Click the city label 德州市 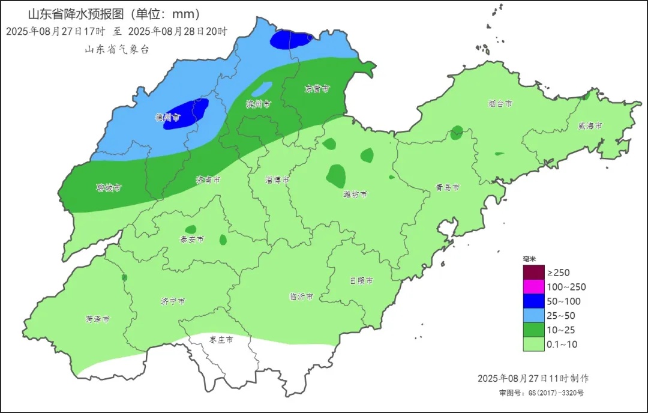[168, 118]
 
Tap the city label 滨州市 [258, 104]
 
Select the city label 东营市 [317, 89]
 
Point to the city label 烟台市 [500, 104]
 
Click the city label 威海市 [590, 126]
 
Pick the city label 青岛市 [448, 188]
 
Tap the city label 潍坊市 [355, 194]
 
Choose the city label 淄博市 [277, 180]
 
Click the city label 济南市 [208, 180]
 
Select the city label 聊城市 [109, 188]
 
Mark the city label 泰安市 [192, 240]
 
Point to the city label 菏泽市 [97, 319]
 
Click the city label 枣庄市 [221, 340]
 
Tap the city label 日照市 [361, 281]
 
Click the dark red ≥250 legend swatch [533, 273]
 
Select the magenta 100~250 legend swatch [533, 287]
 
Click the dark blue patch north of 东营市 [291, 40]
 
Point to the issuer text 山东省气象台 [116, 50]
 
